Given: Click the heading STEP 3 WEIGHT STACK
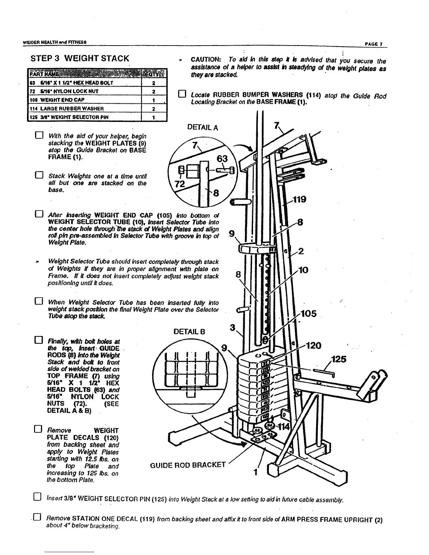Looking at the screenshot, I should pyautogui.click(x=80, y=58).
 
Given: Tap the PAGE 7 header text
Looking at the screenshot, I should pyautogui.click(x=374, y=44).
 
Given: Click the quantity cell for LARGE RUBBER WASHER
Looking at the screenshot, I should pyautogui.click(x=154, y=108).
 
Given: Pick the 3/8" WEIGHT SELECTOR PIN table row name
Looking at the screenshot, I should pyautogui.click(x=62, y=117).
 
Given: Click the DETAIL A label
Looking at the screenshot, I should pyautogui.click(x=203, y=128).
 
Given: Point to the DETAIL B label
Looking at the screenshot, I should pyautogui.click(x=189, y=331).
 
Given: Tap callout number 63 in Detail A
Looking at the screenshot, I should pyautogui.click(x=222, y=159).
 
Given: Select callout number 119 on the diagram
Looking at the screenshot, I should pyautogui.click(x=300, y=199).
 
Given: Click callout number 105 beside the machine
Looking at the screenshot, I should pyautogui.click(x=308, y=314).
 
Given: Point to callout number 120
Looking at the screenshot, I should pyautogui.click(x=313, y=345).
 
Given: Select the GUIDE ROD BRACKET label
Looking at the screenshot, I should pyautogui.click(x=188, y=465).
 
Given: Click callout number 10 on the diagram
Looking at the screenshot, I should pyautogui.click(x=304, y=270).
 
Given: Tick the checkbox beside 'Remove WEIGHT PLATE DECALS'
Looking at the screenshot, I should pyautogui.click(x=39, y=430).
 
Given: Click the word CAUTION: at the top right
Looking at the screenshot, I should pyautogui.click(x=205, y=60).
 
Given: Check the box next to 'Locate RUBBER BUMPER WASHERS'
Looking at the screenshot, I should pyautogui.click(x=182, y=94).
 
